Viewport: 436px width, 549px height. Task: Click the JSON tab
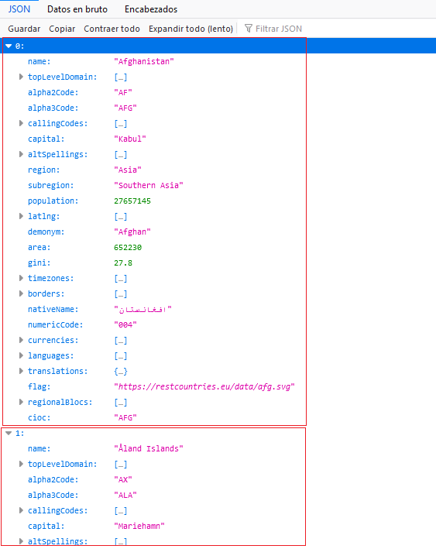click(19, 9)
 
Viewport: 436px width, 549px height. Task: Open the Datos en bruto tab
click(77, 9)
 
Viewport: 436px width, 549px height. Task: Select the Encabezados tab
click(151, 9)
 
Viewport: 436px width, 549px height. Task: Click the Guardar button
click(24, 29)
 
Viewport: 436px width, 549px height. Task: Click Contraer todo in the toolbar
click(112, 29)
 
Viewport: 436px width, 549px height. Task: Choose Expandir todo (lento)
click(191, 29)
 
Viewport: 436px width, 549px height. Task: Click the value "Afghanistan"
click(144, 62)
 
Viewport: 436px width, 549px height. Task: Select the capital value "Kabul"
click(130, 139)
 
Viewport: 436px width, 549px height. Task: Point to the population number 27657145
click(132, 201)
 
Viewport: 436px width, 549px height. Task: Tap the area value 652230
click(128, 248)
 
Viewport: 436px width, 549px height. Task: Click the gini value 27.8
click(123, 263)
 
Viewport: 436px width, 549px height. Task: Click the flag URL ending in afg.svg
click(204, 387)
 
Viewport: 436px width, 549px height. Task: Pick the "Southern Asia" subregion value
click(149, 186)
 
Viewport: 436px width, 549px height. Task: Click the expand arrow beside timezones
click(21, 278)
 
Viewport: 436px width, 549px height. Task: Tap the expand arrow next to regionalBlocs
click(21, 403)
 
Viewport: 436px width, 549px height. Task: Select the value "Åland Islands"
click(149, 449)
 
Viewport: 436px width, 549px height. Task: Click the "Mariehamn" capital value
click(139, 527)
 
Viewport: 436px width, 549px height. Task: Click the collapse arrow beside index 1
click(9, 434)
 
